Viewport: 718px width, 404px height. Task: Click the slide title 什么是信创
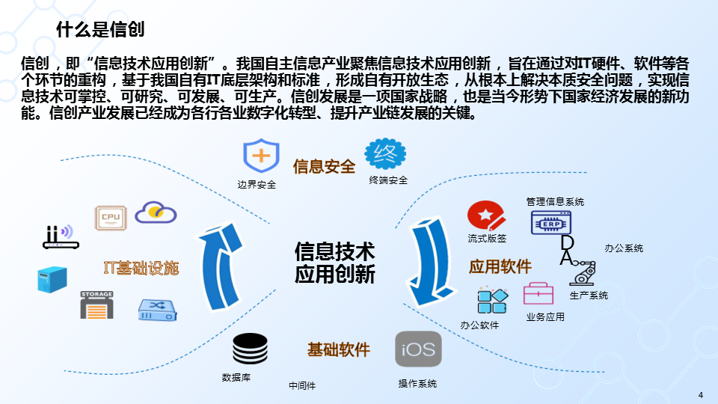click(100, 29)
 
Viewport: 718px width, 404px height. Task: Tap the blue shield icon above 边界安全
click(260, 156)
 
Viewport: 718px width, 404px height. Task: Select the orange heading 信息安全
click(324, 166)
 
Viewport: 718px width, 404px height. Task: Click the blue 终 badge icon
click(385, 154)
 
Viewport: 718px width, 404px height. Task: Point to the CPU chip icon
click(111, 217)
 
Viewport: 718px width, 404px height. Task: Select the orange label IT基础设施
click(141, 268)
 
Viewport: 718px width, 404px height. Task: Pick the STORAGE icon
click(96, 304)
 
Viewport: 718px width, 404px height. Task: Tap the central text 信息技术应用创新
click(334, 263)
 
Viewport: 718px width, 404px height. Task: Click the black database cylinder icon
click(250, 348)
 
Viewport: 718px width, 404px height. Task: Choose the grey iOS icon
click(418, 349)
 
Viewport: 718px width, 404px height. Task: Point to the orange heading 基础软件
click(338, 349)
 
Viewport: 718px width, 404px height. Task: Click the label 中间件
click(302, 386)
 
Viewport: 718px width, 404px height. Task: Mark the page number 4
click(701, 394)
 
